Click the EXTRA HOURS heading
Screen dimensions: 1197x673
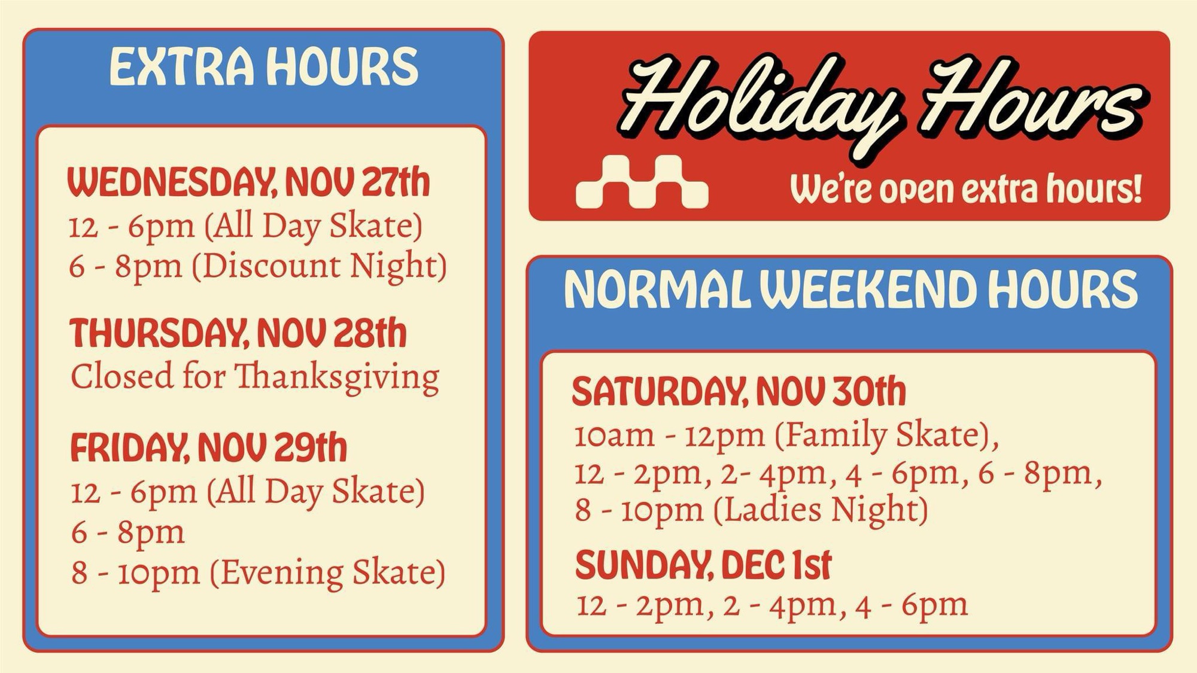click(264, 66)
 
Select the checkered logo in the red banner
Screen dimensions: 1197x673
click(642, 182)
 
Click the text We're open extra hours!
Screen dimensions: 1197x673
click(966, 188)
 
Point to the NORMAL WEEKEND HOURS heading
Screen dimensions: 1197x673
click(850, 290)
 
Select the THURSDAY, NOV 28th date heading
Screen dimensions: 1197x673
click(238, 333)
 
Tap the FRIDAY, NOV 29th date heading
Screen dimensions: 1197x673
click(208, 447)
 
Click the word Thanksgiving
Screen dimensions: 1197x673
click(337, 378)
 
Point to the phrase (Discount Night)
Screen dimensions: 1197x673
click(320, 266)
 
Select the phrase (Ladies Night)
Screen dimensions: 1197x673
click(821, 510)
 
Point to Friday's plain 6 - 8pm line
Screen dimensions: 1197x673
click(128, 532)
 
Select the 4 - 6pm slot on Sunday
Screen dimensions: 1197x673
click(912, 605)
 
